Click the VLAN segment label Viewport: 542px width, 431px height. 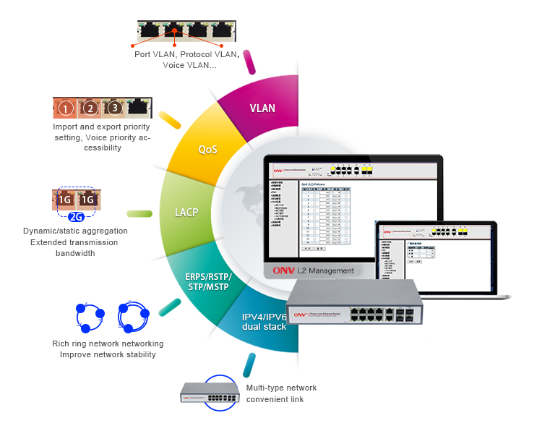coord(262,108)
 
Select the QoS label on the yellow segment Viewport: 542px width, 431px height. coord(208,150)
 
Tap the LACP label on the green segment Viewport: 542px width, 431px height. coord(187,213)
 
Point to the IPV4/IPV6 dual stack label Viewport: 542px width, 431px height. coord(264,322)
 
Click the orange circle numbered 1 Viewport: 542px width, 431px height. coord(66,109)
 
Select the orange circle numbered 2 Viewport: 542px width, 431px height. coord(90,109)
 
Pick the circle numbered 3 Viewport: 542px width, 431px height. coord(113,109)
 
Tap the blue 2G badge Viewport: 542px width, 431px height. coord(77,215)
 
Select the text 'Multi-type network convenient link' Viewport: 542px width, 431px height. coord(281,393)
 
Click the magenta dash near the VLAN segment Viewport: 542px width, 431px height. coord(249,61)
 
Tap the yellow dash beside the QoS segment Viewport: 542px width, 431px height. coord(170,119)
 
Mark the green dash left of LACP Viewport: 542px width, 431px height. coord(139,213)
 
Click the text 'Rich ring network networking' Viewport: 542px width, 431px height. coord(108,343)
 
